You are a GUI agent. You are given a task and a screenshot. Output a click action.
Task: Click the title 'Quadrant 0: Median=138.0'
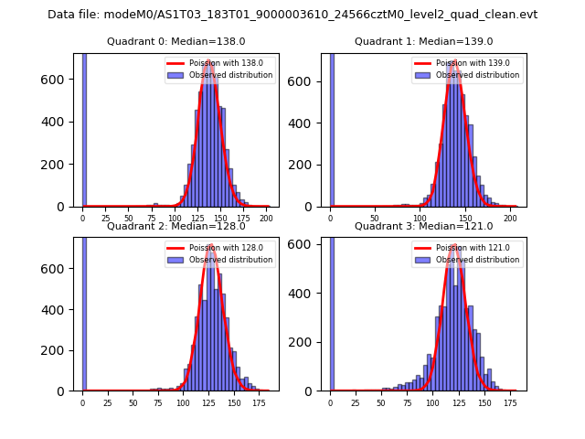click(x=175, y=41)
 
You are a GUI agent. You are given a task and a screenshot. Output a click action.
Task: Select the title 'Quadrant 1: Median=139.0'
click(x=423, y=41)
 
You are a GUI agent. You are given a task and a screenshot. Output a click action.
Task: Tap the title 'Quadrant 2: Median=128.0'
click(x=175, y=226)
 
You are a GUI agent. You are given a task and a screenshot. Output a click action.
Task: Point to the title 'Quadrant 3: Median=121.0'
click(x=423, y=226)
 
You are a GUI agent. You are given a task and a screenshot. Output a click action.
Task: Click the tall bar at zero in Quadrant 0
click(x=84, y=128)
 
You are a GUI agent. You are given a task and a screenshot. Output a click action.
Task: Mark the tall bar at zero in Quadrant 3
click(x=332, y=311)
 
